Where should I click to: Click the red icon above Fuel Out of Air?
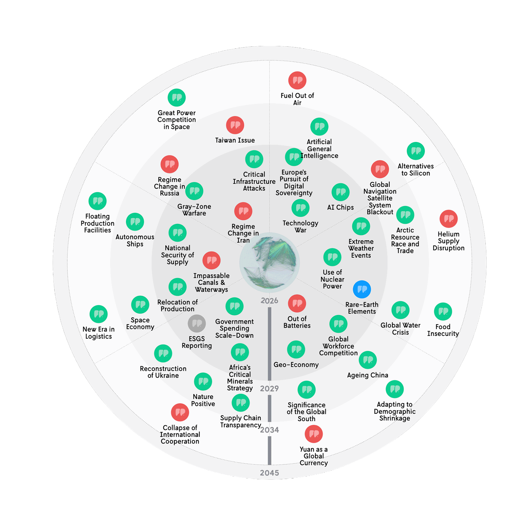297,81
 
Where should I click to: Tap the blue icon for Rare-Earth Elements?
362,289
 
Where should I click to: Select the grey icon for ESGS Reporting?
197,324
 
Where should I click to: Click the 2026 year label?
269,301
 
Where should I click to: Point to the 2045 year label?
269,473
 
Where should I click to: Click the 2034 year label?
269,430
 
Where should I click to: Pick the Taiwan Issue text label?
235,141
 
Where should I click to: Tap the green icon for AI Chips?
340,192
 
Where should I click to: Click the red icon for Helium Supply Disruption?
448,219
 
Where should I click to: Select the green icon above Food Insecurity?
443,312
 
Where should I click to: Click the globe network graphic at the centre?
269,262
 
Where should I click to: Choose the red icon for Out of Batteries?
297,304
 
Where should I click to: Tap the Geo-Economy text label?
296,365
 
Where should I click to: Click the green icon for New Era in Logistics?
99,314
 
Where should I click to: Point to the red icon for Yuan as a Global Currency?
314,434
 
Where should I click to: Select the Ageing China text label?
367,375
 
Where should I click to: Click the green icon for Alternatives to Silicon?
416,151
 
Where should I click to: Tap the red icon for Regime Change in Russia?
170,164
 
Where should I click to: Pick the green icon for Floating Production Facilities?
98,201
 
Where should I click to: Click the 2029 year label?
269,389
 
